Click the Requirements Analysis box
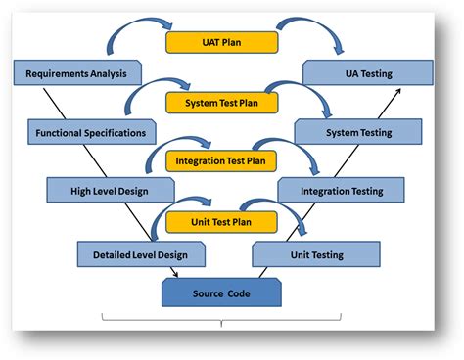(77, 72)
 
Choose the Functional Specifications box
(92, 131)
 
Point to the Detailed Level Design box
(141, 254)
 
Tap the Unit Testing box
(315, 254)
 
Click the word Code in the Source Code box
(240, 292)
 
